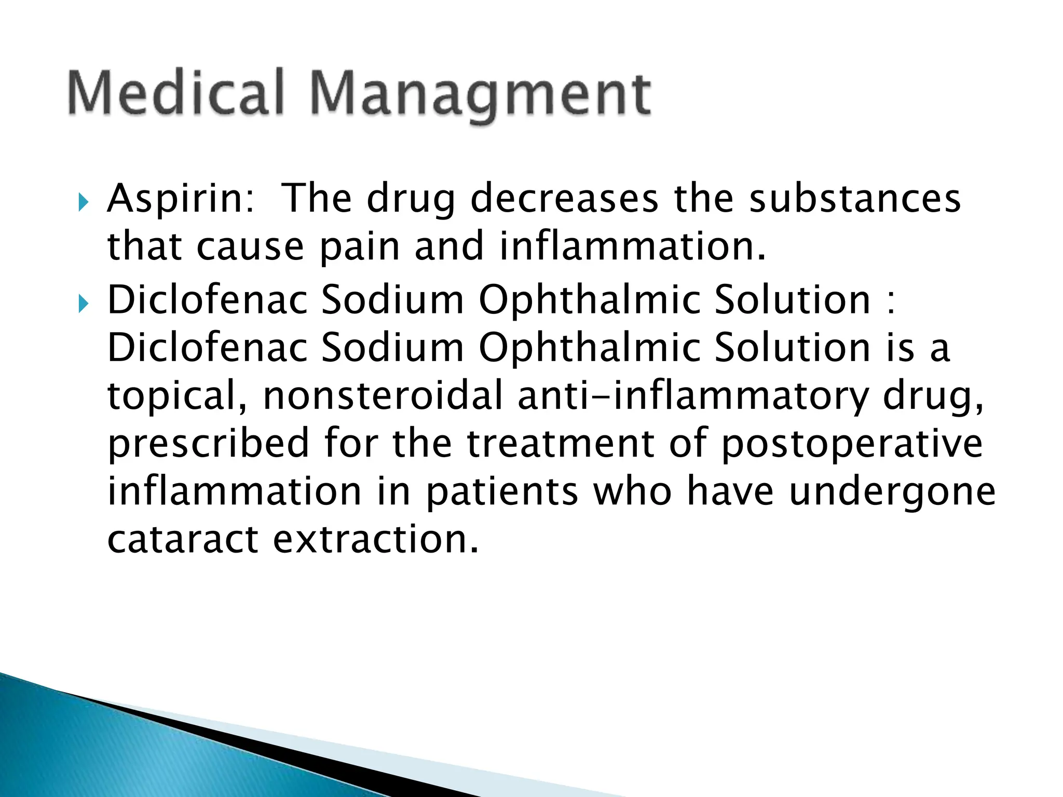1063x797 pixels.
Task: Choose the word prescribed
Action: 208,444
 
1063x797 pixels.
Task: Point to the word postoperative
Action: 852,444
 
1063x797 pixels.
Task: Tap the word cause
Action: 250,247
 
